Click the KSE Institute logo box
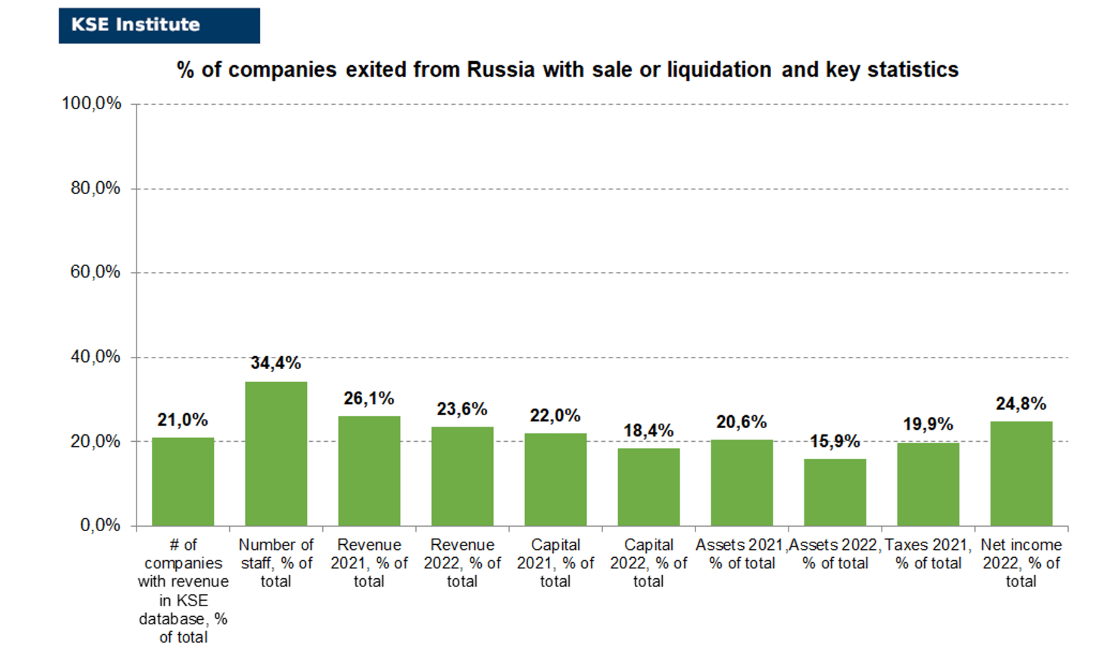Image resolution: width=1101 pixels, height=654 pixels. [x=159, y=25]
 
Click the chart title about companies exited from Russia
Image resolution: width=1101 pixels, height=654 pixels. [x=567, y=69]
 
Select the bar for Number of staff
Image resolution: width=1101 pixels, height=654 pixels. [x=276, y=454]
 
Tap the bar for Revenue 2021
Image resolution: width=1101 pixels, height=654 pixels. [x=369, y=471]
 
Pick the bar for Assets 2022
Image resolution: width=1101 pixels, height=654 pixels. [x=835, y=493]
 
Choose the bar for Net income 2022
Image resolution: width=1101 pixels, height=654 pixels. [x=1021, y=473]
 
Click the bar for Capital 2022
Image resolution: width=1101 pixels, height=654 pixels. [x=648, y=487]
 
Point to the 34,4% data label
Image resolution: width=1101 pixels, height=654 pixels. [x=275, y=363]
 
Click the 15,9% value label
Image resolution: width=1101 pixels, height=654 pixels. [x=834, y=441]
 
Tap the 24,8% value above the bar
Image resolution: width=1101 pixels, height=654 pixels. [x=1021, y=404]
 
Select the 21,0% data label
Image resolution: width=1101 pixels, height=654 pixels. [x=182, y=420]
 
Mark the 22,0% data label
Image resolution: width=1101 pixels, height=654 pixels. [x=555, y=416]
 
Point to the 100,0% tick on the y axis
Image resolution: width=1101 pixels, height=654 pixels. [x=91, y=104]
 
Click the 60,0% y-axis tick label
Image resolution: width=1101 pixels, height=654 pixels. [x=95, y=272]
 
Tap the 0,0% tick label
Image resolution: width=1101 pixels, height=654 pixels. [x=100, y=526]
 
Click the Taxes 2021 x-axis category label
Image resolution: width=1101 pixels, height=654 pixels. [x=928, y=554]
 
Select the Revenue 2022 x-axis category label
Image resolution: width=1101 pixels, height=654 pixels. [x=462, y=563]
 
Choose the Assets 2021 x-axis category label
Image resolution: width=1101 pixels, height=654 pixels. [x=741, y=554]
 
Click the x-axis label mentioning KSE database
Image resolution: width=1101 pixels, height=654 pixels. [x=183, y=591]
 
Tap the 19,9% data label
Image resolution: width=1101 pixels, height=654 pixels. [x=928, y=424]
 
